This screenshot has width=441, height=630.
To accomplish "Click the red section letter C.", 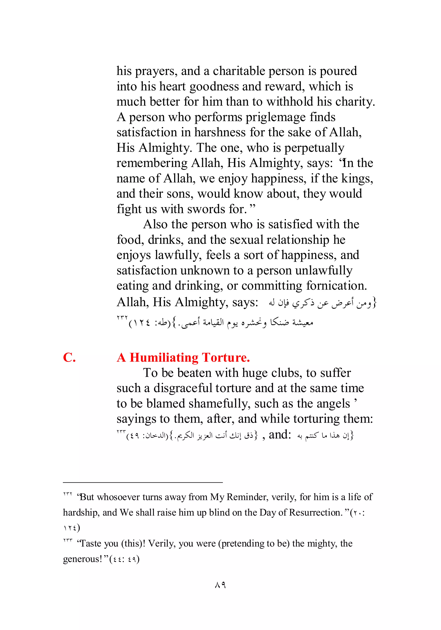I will [x=69, y=358].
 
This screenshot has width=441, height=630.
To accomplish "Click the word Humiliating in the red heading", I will [x=164, y=358].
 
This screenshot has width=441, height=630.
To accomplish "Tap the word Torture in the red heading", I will [x=226, y=358].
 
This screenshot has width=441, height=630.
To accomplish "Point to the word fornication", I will [x=336, y=286].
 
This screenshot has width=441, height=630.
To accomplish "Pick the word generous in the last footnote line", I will [x=82, y=559].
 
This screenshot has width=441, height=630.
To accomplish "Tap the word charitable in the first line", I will [x=239, y=71].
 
